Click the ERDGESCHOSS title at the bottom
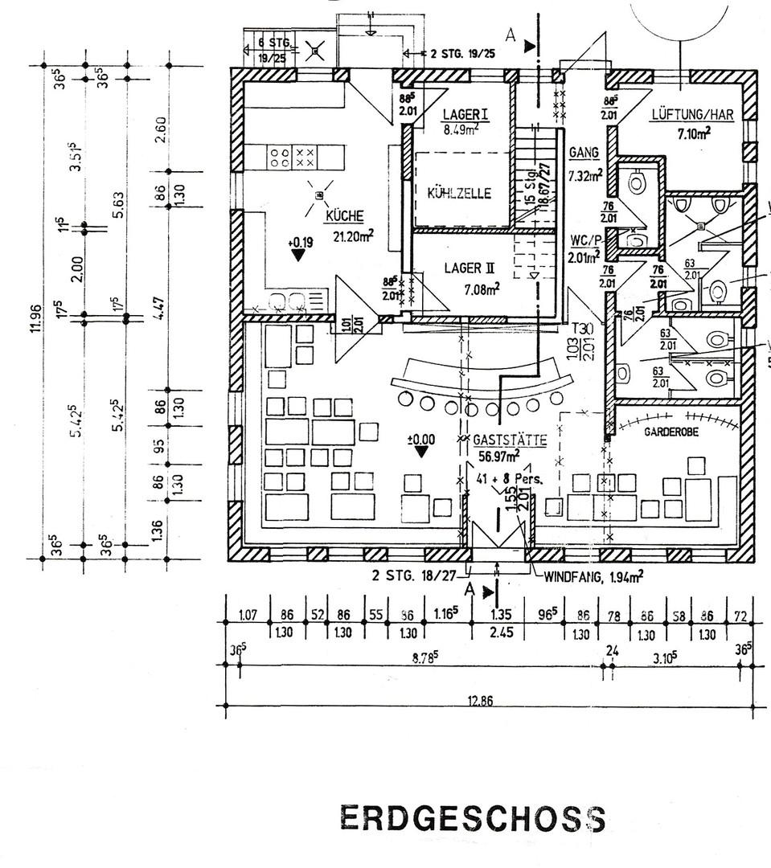(473, 818)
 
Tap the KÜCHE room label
(345, 215)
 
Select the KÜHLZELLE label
(459, 194)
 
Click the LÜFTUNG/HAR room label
(691, 116)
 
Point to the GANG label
(580, 152)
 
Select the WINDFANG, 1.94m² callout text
(593, 575)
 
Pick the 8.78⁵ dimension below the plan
(424, 657)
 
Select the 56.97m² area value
(498, 457)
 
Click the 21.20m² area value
(355, 235)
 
